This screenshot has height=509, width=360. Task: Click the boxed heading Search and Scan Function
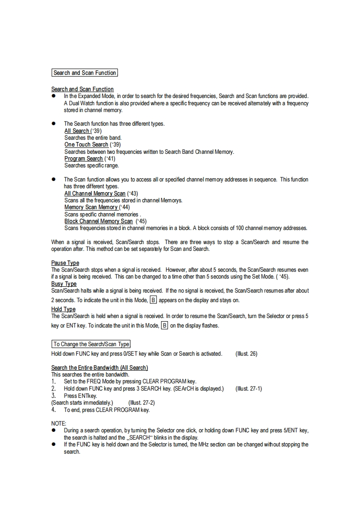(x=84, y=73)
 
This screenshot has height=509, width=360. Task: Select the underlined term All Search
(x=77, y=131)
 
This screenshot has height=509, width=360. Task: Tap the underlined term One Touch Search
(x=86, y=144)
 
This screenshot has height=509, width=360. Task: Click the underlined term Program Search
(x=84, y=158)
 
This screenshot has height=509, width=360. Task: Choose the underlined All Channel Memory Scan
(x=95, y=193)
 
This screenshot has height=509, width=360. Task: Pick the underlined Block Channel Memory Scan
(x=99, y=221)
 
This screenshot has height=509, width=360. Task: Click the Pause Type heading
(x=65, y=263)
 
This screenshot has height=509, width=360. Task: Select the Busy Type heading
(x=64, y=284)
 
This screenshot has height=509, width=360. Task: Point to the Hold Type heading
(x=63, y=309)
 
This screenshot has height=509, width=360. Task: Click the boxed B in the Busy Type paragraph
(x=153, y=300)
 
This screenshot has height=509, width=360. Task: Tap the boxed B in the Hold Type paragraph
(x=164, y=325)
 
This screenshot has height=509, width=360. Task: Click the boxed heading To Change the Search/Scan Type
(x=91, y=344)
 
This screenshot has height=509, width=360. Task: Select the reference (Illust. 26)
(x=247, y=354)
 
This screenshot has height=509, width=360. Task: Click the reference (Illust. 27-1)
(x=248, y=388)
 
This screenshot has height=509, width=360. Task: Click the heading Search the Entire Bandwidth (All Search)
(x=99, y=367)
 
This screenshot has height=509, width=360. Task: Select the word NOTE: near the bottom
(x=59, y=423)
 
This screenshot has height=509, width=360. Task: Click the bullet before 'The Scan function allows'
(x=53, y=180)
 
